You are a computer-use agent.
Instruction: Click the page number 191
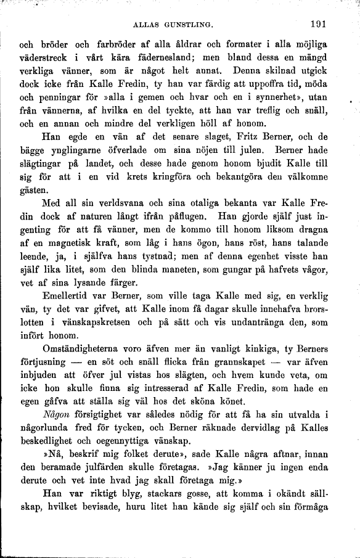click(317, 25)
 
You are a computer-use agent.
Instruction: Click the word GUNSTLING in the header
click(189, 25)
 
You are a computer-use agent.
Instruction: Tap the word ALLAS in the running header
click(146, 25)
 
